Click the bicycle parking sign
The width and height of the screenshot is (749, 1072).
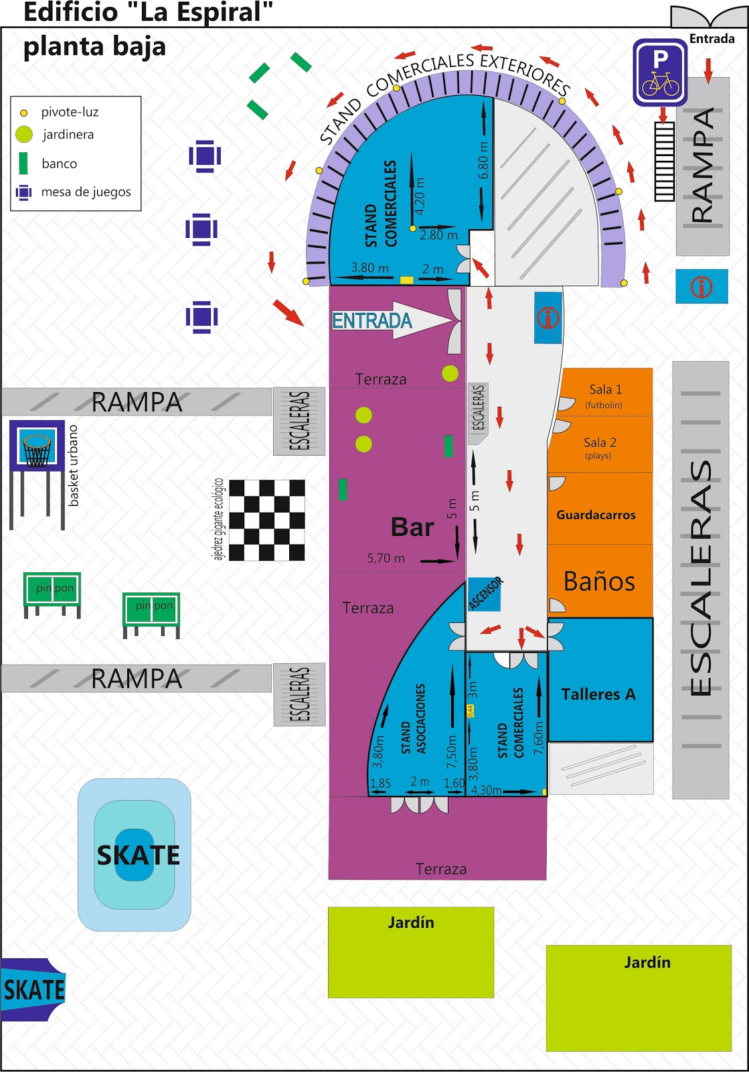click(x=660, y=72)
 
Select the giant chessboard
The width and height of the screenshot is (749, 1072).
click(x=267, y=520)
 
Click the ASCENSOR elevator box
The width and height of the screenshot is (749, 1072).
click(x=485, y=594)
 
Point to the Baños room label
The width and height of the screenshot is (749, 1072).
click(x=599, y=582)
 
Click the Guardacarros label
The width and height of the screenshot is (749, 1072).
click(x=596, y=515)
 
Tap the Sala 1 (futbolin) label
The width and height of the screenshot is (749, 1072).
click(x=604, y=395)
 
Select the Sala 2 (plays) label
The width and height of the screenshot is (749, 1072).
click(x=599, y=448)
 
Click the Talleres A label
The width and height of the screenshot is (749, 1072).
click(x=598, y=694)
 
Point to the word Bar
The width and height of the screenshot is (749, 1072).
click(x=412, y=527)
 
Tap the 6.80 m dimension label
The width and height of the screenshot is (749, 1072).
click(x=484, y=160)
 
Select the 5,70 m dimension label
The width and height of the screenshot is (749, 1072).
click(x=386, y=558)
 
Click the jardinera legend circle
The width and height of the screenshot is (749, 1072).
click(x=24, y=135)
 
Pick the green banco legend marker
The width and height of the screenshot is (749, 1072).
click(x=23, y=163)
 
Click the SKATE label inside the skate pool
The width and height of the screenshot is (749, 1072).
click(x=138, y=855)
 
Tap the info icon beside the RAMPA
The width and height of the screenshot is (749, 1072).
click(x=701, y=287)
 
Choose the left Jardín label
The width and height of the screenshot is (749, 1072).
click(x=411, y=923)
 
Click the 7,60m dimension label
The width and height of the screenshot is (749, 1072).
click(x=539, y=737)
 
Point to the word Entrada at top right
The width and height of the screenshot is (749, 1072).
click(x=712, y=39)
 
